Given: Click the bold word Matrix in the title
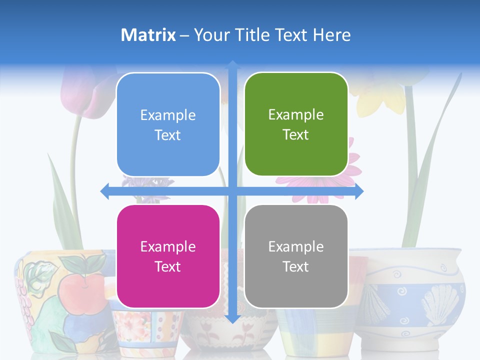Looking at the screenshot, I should (x=148, y=35).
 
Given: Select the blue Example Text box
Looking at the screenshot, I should (x=168, y=124).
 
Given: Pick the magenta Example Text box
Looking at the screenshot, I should (x=168, y=256).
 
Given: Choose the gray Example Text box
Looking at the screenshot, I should (x=296, y=256).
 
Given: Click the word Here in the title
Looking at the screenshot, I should (x=332, y=35).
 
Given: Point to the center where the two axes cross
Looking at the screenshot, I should (x=232, y=191).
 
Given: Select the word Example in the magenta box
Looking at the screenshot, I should (x=168, y=246).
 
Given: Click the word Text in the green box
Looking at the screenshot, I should (x=296, y=134).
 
